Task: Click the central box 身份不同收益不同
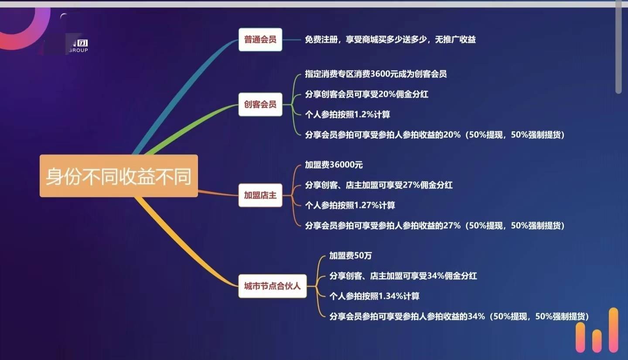119,176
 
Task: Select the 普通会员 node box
260,40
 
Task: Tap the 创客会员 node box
260,104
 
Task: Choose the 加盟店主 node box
260,195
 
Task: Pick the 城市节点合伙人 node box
273,286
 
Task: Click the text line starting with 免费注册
390,40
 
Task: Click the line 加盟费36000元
334,165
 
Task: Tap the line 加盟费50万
351,255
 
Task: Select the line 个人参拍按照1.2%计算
347,115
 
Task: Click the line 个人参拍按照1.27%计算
350,205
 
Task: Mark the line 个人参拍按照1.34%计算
374,296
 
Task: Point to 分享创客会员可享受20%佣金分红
366,94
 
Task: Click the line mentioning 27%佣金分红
379,185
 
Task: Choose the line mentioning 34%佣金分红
403,276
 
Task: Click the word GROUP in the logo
78,50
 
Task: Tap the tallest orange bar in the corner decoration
614,330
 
